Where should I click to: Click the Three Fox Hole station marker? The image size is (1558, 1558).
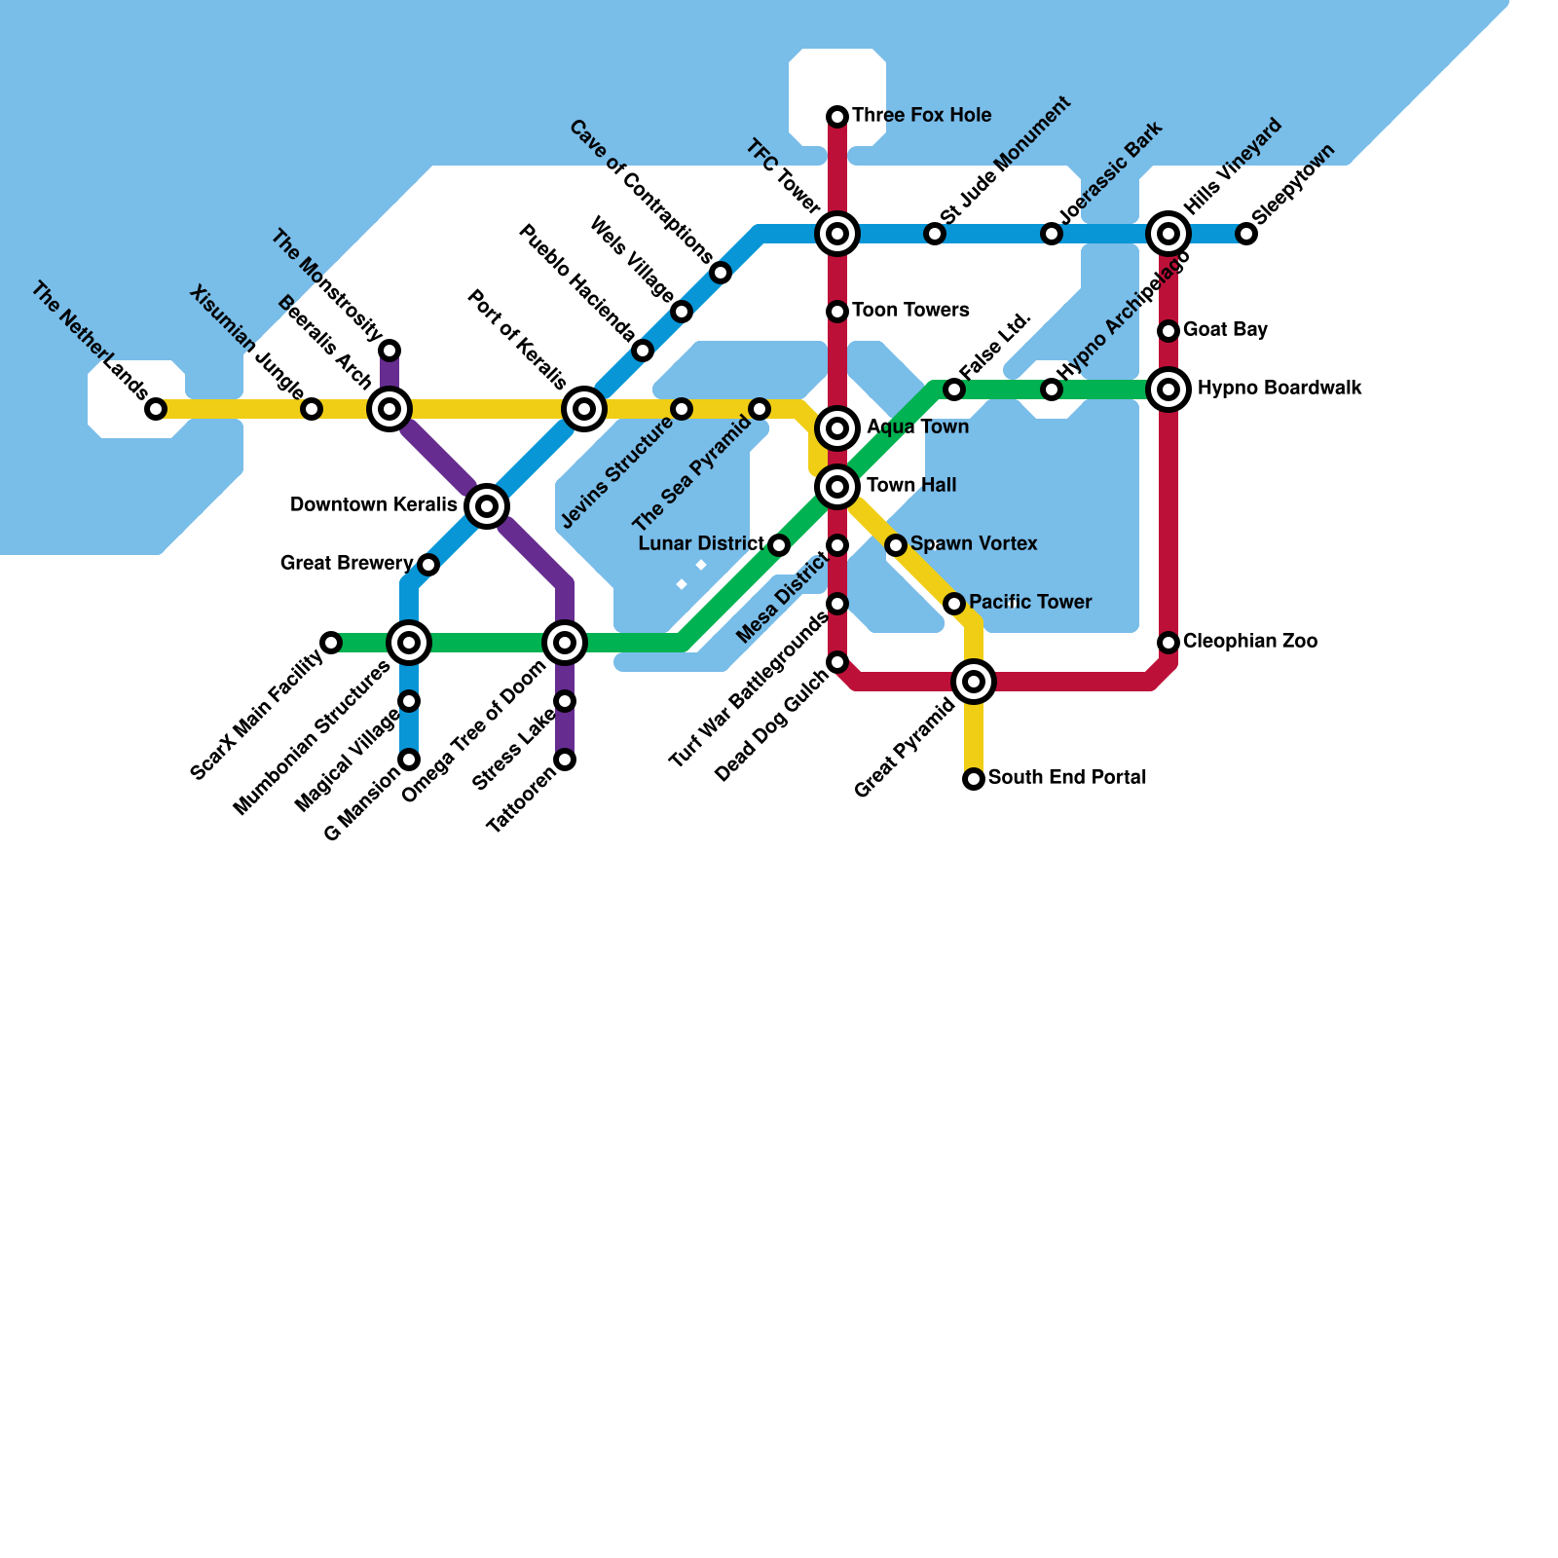(x=837, y=117)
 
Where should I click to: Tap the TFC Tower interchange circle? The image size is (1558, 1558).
(x=837, y=234)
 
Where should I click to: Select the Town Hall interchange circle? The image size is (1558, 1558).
(x=837, y=486)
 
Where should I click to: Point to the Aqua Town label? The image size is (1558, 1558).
(x=917, y=427)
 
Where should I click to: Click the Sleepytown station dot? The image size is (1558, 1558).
(x=1246, y=234)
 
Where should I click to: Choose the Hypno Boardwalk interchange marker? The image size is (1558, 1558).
(x=1168, y=389)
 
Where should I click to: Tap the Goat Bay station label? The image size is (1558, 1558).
(x=1225, y=330)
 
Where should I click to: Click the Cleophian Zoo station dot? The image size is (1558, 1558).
(x=1168, y=643)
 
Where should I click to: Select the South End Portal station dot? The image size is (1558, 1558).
(x=974, y=779)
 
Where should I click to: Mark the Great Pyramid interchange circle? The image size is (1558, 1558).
(x=974, y=682)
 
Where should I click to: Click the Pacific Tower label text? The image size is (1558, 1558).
(x=1030, y=603)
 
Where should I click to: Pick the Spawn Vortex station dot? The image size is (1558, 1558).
(x=896, y=545)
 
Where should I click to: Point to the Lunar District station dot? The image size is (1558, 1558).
(x=779, y=545)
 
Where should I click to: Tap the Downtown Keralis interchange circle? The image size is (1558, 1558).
(x=487, y=505)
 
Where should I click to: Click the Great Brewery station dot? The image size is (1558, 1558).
(x=428, y=565)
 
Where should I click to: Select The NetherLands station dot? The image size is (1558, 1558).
(x=156, y=409)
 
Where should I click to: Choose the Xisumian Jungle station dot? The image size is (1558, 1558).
(x=312, y=409)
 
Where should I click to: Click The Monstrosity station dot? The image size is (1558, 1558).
(x=389, y=351)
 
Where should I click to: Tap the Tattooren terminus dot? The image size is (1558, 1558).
(x=565, y=760)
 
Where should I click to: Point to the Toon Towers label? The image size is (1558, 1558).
(x=910, y=311)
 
